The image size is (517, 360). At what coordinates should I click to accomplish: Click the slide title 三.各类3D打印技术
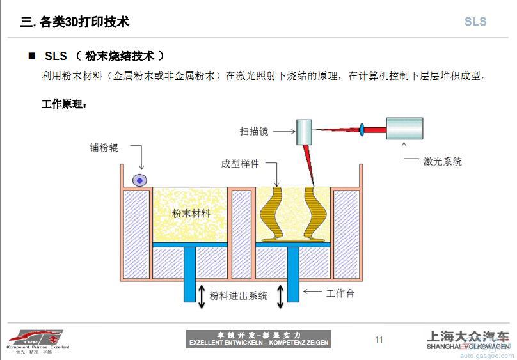(x=75, y=22)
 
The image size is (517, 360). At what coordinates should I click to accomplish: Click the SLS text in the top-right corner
(x=475, y=22)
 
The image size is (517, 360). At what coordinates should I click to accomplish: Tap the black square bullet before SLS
(x=31, y=56)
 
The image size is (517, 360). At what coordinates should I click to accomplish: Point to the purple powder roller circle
(x=139, y=180)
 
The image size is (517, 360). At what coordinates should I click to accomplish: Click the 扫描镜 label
(x=254, y=131)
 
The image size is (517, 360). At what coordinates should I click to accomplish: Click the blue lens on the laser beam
(x=362, y=130)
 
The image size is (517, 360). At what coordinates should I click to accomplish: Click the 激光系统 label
(x=442, y=162)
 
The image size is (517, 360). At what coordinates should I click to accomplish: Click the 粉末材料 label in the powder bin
(x=191, y=214)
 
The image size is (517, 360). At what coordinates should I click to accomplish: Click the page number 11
(x=379, y=340)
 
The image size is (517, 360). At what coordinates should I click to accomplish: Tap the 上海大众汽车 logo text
(x=468, y=336)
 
